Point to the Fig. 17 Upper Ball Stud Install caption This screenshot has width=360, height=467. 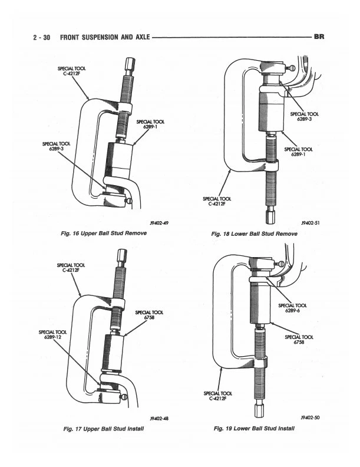coord(103,428)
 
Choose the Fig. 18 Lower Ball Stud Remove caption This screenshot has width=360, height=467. coord(255,233)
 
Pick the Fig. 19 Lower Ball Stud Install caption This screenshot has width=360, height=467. coord(255,428)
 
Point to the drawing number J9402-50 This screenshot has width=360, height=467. coord(308,417)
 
